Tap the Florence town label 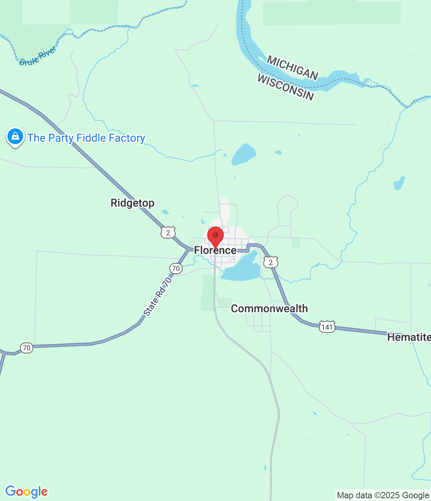point(215,250)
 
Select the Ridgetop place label point(132,203)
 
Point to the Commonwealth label point(269,308)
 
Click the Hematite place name point(409,337)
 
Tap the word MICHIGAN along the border point(292,67)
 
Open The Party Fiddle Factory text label point(86,138)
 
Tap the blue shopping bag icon point(15,137)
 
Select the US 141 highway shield point(327,327)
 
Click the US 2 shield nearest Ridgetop point(168,233)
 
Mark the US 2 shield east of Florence point(270,263)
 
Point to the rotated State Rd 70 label point(158,297)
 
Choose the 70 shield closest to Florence point(176,269)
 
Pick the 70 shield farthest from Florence point(26,348)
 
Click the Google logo point(27,492)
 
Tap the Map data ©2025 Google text point(383,496)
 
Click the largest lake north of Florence point(244,154)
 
